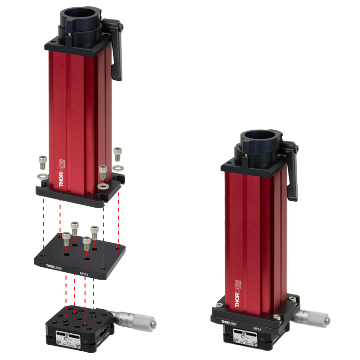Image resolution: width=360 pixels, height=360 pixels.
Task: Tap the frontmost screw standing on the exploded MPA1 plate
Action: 86,243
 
